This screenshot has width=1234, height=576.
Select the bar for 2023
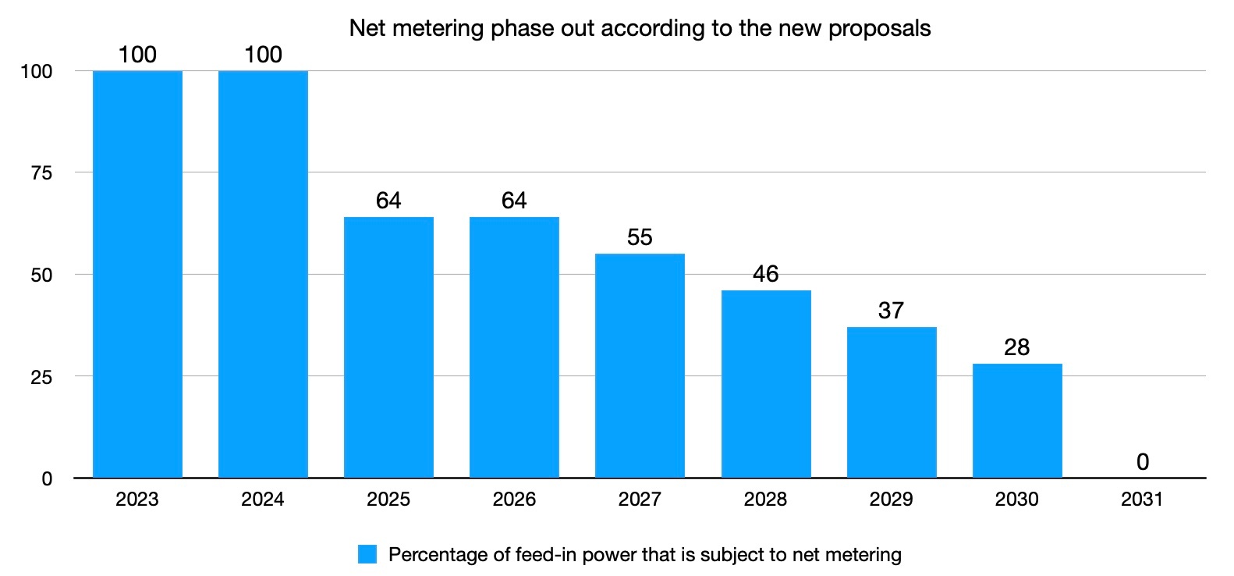coord(137,274)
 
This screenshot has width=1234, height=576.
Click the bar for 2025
coord(388,347)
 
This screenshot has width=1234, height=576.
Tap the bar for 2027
coord(640,365)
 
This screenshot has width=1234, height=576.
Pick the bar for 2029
coord(892,402)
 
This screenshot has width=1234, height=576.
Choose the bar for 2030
coord(1017,421)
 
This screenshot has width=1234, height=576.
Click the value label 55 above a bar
coord(640,237)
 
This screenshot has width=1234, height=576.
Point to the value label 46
coord(765,274)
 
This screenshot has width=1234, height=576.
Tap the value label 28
coord(1017,347)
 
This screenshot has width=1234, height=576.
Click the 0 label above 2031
coord(1143,462)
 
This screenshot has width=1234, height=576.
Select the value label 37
coord(892,311)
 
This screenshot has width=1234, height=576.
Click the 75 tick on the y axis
coord(41,173)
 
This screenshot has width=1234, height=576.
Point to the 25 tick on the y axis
coord(41,377)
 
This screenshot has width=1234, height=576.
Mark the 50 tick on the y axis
coord(41,276)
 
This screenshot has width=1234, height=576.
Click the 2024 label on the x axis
coord(263,500)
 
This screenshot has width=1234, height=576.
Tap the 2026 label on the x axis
coord(514,500)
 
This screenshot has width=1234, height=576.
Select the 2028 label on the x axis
coord(765,500)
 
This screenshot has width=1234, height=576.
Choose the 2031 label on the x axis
coord(1143,500)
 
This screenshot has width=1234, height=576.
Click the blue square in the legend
coord(367,555)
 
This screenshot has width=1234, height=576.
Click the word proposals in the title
coord(879,29)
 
